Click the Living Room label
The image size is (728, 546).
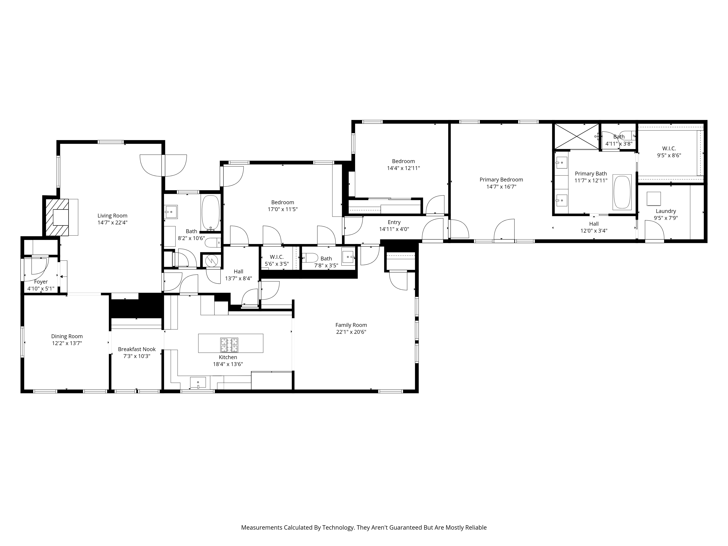[112, 215]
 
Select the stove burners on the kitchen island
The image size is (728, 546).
[229, 345]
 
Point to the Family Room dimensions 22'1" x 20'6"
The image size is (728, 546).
[351, 332]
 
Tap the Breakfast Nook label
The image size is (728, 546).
[137, 349]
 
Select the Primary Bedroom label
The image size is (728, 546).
[501, 179]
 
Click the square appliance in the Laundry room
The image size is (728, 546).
[654, 199]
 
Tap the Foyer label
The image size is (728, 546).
[41, 282]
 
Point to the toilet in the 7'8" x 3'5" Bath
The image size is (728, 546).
[310, 257]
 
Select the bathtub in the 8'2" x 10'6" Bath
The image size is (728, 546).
[211, 213]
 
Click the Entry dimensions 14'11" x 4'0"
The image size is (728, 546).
[394, 229]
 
